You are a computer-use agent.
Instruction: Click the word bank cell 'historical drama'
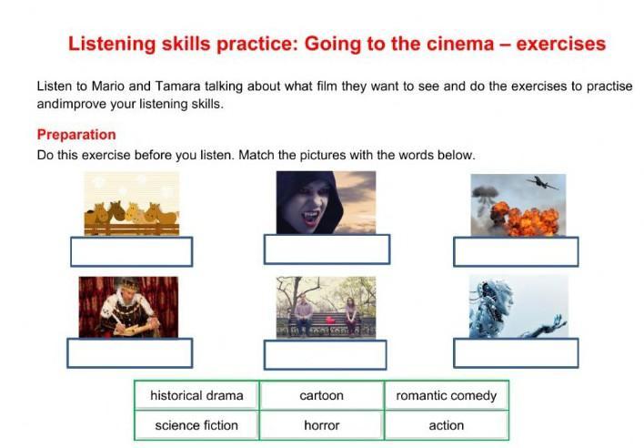pyautogui.click(x=196, y=395)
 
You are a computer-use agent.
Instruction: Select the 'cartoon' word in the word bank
pyautogui.click(x=322, y=395)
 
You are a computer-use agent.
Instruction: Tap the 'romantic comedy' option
pyautogui.click(x=447, y=395)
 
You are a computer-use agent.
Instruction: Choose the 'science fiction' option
pyautogui.click(x=196, y=425)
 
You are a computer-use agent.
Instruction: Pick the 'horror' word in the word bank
pyautogui.click(x=322, y=425)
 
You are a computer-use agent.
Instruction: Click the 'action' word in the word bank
pyautogui.click(x=447, y=425)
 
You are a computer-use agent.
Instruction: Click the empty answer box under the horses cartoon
pyautogui.click(x=131, y=251)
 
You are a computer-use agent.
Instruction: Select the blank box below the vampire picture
pyautogui.click(x=327, y=249)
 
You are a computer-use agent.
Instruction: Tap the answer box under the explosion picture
pyautogui.click(x=516, y=251)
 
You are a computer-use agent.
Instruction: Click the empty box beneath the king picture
pyautogui.click(x=130, y=352)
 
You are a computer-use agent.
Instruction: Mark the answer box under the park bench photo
pyautogui.click(x=326, y=355)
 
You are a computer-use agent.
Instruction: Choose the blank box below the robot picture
pyautogui.click(x=516, y=352)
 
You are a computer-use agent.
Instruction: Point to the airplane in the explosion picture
pyautogui.click(x=542, y=183)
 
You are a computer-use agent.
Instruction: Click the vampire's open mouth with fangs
pyautogui.click(x=310, y=217)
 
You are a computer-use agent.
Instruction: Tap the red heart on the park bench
pyautogui.click(x=330, y=321)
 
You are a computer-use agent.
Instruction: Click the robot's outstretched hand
pyautogui.click(x=555, y=321)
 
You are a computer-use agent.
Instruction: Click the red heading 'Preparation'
pyautogui.click(x=76, y=135)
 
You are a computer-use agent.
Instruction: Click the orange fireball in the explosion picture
pyautogui.click(x=526, y=219)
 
